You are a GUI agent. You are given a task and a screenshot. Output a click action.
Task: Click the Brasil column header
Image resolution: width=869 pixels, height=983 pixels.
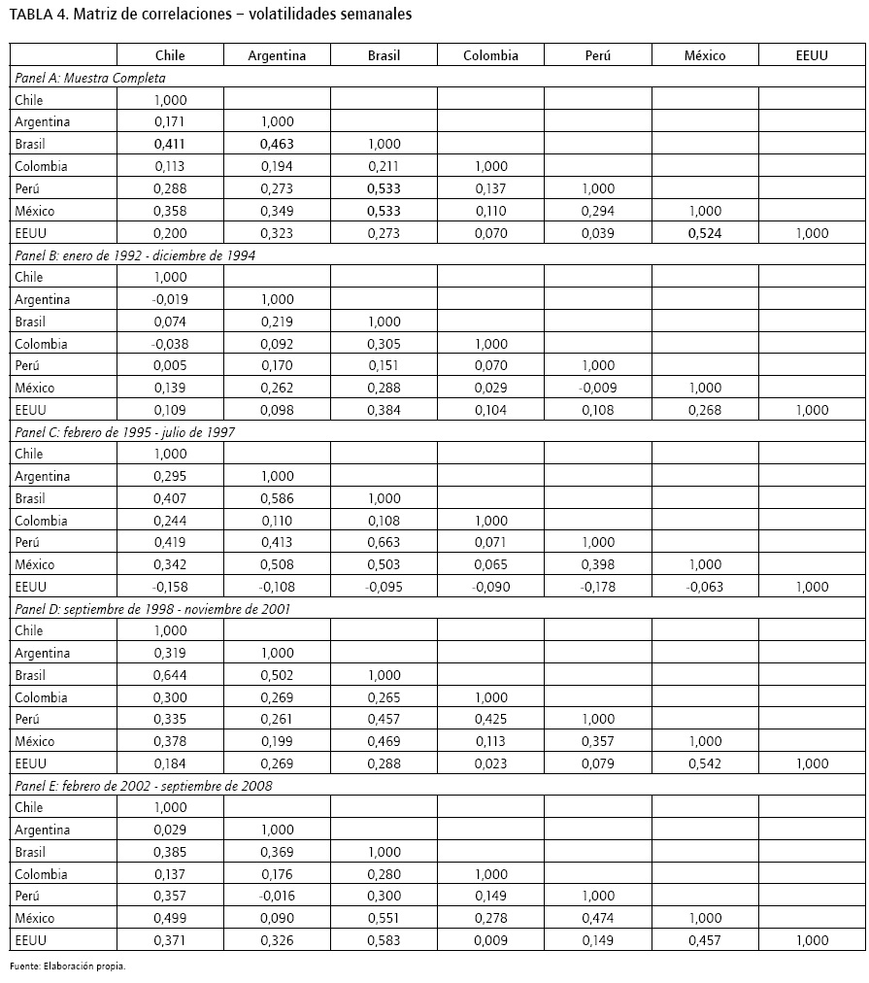point(384,55)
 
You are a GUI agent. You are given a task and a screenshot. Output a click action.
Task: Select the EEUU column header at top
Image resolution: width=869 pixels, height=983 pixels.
point(811,55)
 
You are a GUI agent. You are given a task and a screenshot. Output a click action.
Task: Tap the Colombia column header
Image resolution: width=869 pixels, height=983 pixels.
point(490,55)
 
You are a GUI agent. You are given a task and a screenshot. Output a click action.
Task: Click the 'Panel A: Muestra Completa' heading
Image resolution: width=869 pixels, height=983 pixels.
point(90,78)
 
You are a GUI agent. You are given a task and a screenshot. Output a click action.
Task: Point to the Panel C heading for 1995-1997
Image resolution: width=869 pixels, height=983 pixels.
point(123,431)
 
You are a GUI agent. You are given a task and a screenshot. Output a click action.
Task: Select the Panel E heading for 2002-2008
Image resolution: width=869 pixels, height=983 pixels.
point(142,785)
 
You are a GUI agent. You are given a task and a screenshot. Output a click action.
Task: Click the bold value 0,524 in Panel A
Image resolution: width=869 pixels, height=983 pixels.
point(705,233)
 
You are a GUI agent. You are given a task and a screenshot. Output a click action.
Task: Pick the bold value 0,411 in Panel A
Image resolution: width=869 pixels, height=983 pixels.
point(170,144)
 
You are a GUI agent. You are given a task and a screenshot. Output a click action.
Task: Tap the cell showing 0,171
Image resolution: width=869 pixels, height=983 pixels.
point(170,121)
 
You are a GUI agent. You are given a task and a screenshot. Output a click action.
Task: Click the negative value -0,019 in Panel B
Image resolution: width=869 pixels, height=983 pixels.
point(170,299)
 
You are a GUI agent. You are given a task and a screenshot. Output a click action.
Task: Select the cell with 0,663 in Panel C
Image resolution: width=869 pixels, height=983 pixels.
point(384,542)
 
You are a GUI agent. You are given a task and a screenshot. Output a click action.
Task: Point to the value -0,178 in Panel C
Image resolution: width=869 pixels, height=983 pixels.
point(597,586)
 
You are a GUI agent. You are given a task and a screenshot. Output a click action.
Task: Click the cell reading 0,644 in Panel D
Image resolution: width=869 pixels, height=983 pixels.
point(170,675)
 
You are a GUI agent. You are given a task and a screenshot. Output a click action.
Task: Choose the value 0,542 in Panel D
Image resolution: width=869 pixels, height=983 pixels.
point(705,763)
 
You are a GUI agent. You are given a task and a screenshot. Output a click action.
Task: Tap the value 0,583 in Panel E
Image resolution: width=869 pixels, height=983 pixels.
point(384,940)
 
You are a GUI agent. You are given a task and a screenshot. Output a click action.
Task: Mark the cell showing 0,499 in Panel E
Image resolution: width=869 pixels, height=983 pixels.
point(170,918)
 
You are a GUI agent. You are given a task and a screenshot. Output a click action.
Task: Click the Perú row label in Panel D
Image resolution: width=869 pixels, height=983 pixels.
point(29,719)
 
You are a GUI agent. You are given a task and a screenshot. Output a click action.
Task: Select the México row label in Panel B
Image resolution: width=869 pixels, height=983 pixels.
point(35,388)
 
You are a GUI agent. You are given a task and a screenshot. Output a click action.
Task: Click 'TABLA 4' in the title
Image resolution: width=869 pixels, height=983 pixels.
point(38,15)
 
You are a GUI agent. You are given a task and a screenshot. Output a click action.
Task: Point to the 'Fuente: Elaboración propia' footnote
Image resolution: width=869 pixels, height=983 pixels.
point(68,966)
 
